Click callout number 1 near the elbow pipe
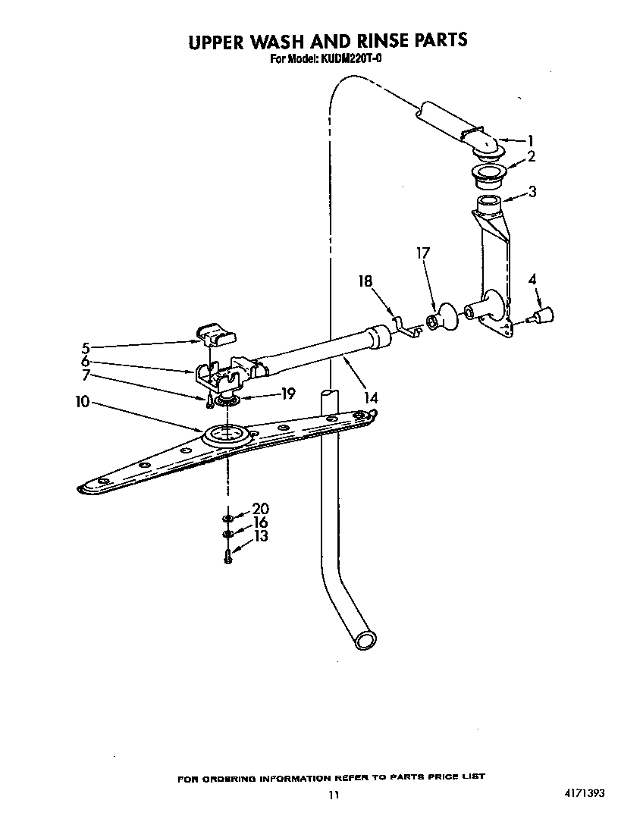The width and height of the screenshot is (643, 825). click(x=531, y=141)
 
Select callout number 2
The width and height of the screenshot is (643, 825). click(x=532, y=156)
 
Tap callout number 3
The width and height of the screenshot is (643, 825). click(x=532, y=192)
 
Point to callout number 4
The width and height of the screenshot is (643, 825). click(x=532, y=279)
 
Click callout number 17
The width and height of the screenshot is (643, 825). click(x=422, y=253)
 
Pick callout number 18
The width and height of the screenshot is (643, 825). click(x=365, y=281)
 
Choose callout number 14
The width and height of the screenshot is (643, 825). click(x=371, y=398)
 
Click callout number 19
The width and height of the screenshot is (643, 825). click(x=288, y=393)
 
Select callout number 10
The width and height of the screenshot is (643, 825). click(x=83, y=402)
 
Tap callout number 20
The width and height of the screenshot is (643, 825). click(x=261, y=508)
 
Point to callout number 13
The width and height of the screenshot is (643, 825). click(x=261, y=535)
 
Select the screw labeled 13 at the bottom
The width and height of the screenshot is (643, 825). click(x=227, y=556)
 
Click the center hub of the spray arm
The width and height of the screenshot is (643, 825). click(x=227, y=436)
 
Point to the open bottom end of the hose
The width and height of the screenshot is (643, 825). click(x=365, y=640)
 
